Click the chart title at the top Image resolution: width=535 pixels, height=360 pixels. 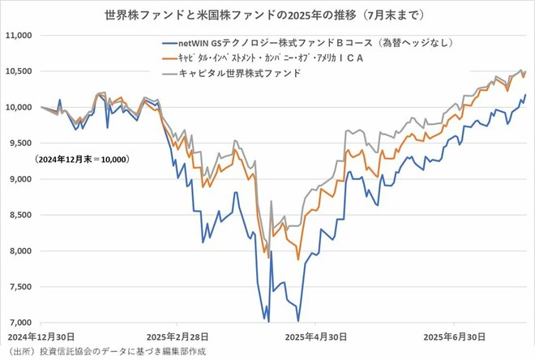[267, 15]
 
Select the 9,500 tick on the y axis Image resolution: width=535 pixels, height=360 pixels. [19, 144]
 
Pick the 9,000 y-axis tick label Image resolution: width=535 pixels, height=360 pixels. [19, 179]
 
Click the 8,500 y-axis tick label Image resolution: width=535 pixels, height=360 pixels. [19, 215]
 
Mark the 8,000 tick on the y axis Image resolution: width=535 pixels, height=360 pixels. [19, 251]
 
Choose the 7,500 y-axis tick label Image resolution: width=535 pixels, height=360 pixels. [19, 287]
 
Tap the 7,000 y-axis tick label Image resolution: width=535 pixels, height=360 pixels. [19, 323]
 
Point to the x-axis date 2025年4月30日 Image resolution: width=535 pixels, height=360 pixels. [319, 335]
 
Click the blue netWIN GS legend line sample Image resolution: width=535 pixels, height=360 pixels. [172, 43]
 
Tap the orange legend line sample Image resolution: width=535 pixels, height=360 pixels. [172, 58]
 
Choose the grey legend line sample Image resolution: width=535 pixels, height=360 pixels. [172, 73]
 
